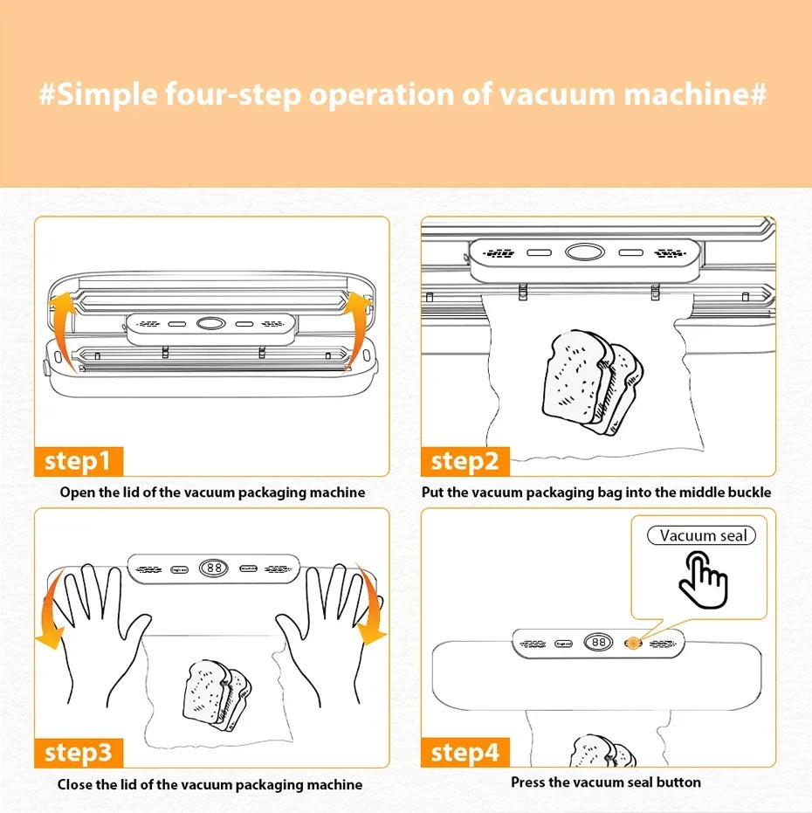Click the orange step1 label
[x=79, y=460]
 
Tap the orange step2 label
[x=465, y=460]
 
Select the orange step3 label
[x=79, y=752]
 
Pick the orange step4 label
[x=465, y=752]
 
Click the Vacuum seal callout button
[x=702, y=535]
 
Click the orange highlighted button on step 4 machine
[x=630, y=643]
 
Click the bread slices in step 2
[x=592, y=380]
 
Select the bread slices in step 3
[x=217, y=694]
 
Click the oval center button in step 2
[x=581, y=252]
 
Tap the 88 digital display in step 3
[x=213, y=568]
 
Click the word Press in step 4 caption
[x=529, y=782]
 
